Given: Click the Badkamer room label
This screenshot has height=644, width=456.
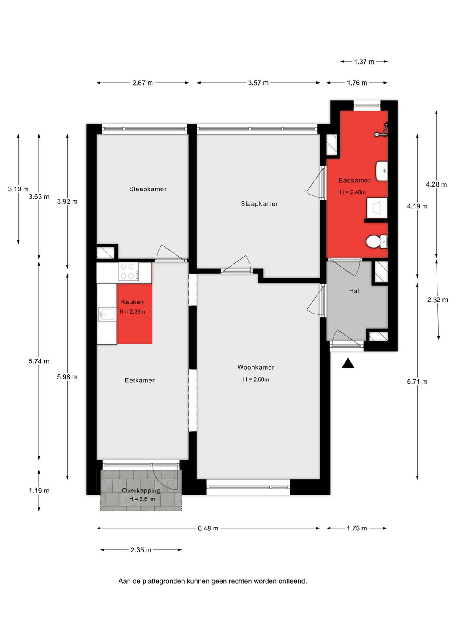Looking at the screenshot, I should pyautogui.click(x=354, y=180).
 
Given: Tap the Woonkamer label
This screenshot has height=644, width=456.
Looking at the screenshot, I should pyautogui.click(x=256, y=367).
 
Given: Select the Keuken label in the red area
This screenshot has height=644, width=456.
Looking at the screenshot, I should pyautogui.click(x=132, y=302).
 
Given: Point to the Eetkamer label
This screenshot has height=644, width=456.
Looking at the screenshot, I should pyautogui.click(x=139, y=380).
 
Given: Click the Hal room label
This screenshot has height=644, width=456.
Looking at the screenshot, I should pyautogui.click(x=354, y=291).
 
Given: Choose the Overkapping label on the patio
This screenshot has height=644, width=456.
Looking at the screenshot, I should pyautogui.click(x=141, y=490).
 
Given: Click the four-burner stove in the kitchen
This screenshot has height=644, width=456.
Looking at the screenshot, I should pyautogui.click(x=128, y=272).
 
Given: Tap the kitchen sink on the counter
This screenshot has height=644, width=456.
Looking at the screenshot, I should pyautogui.click(x=106, y=314).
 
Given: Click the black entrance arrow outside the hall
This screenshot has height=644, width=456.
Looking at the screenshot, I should pyautogui.click(x=348, y=363).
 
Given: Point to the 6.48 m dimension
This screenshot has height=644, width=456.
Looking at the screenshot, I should pyautogui.click(x=208, y=528).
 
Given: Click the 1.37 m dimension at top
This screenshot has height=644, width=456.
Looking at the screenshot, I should pyautogui.click(x=364, y=62).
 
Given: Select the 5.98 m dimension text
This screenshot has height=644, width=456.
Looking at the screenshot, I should pyautogui.click(x=67, y=377).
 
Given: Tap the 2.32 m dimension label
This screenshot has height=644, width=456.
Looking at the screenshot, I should pyautogui.click(x=437, y=300).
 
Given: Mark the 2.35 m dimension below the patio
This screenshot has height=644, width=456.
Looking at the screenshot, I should pyautogui.click(x=141, y=550).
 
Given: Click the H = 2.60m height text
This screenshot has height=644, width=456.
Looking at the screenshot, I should pyautogui.click(x=256, y=379).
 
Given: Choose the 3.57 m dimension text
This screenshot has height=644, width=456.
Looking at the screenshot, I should pyautogui.click(x=258, y=83).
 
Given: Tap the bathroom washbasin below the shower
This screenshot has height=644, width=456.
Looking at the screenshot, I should pyautogui.click(x=382, y=171).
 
